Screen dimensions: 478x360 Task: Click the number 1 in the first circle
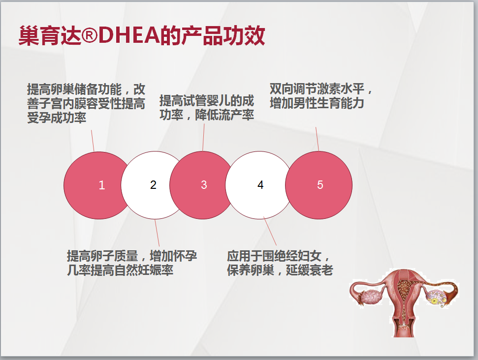[x=102, y=185]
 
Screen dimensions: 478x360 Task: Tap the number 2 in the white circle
[x=153, y=184]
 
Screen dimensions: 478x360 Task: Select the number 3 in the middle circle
[x=204, y=184]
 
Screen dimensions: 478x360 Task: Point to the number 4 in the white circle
[x=260, y=184]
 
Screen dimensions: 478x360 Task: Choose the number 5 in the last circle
[x=320, y=184]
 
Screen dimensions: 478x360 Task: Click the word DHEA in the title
[x=129, y=35]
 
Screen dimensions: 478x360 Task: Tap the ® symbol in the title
[x=90, y=35]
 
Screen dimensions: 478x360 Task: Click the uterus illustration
[x=404, y=303]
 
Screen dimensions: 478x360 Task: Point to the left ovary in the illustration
[x=372, y=297]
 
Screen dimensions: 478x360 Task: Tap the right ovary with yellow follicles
[x=437, y=297]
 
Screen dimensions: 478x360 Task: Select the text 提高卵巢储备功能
[x=74, y=89]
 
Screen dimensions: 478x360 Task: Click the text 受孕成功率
[x=57, y=118]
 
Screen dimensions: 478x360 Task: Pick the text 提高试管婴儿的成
[x=207, y=100]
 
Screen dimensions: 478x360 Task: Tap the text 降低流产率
[x=224, y=115]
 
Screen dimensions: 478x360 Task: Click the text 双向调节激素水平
[x=317, y=89]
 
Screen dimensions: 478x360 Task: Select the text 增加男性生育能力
[x=317, y=103]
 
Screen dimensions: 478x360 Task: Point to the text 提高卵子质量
[x=102, y=256]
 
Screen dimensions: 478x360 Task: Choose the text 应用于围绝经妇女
[x=274, y=256]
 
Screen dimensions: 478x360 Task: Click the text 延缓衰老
[x=310, y=270]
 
